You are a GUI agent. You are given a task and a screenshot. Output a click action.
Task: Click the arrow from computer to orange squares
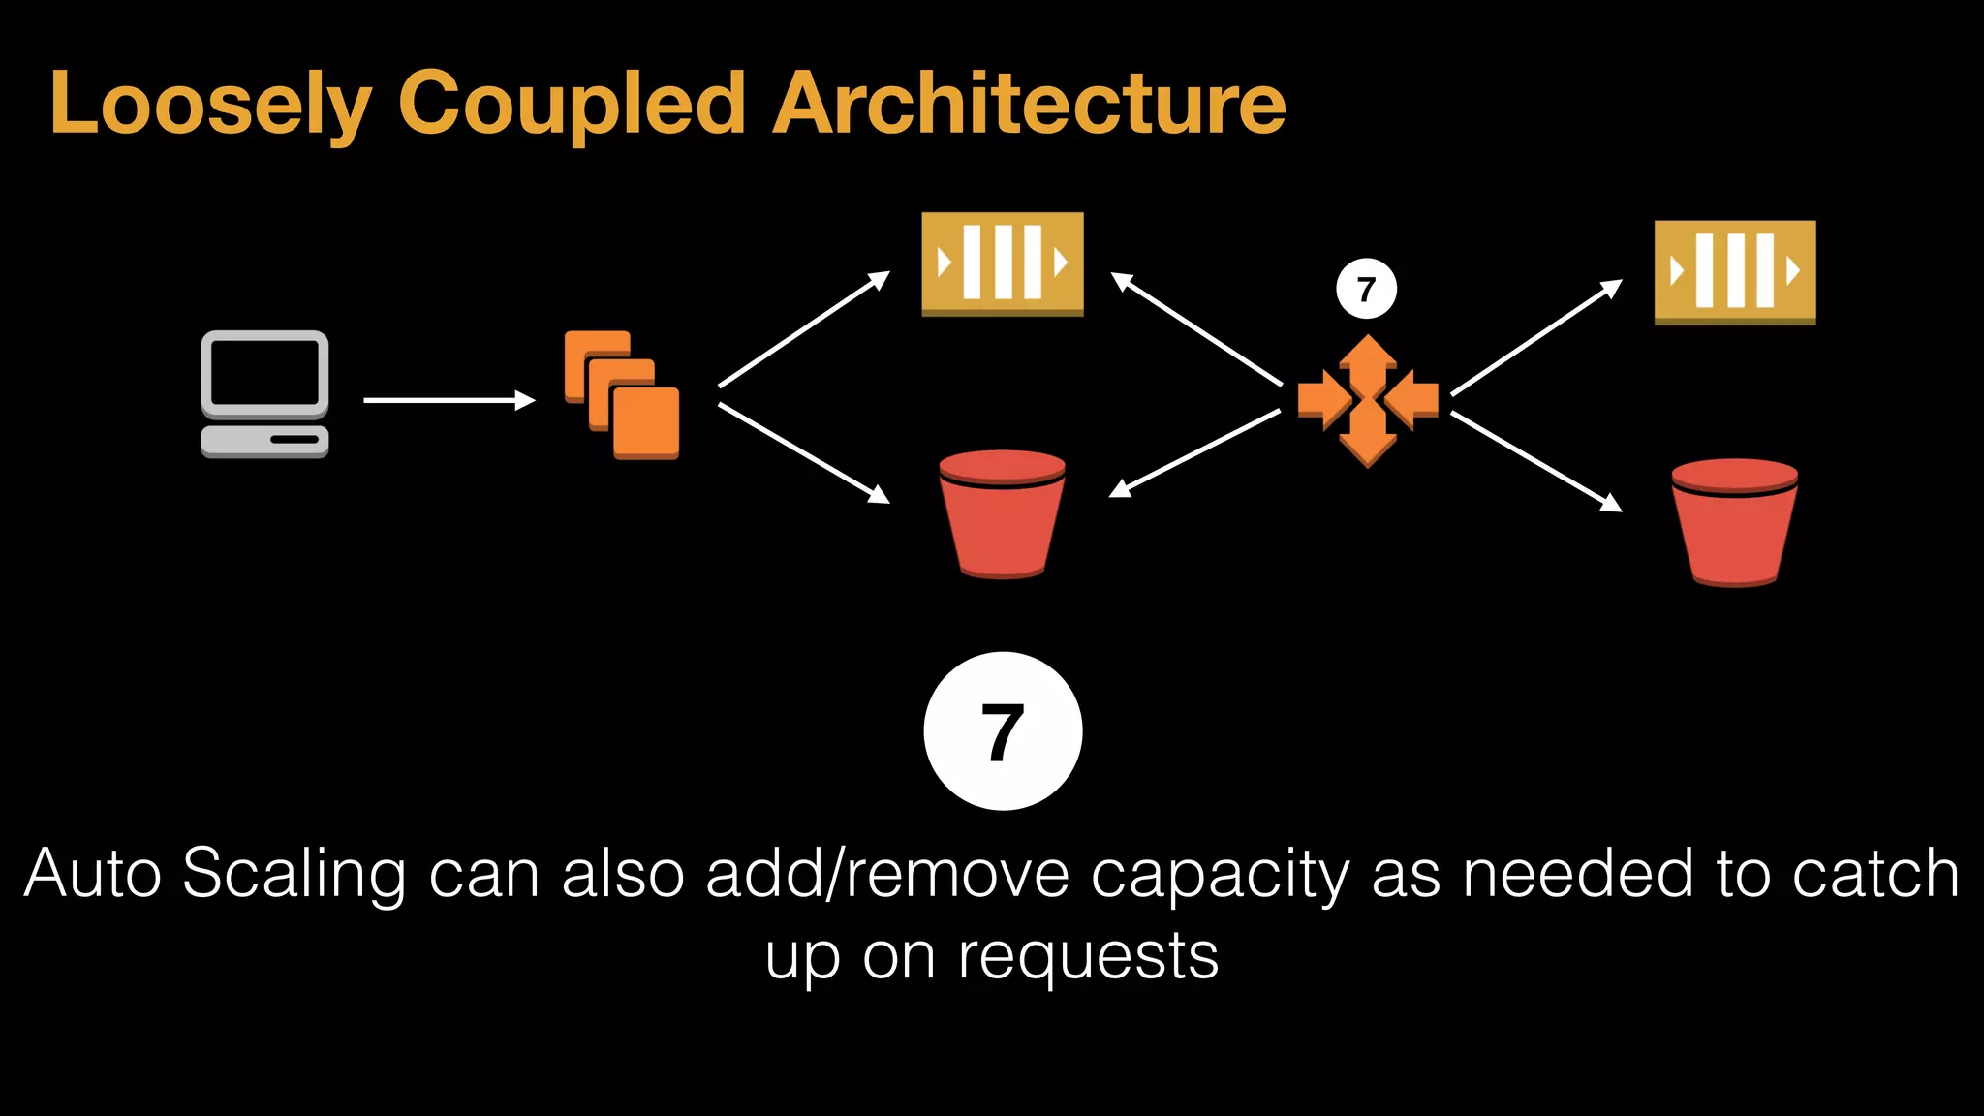[449, 400]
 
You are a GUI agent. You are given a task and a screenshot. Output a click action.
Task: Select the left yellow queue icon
[1002, 263]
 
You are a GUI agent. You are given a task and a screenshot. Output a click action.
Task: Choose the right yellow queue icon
[1734, 272]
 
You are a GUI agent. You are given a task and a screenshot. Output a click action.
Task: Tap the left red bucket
[1002, 513]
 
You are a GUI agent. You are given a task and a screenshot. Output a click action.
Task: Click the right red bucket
[1734, 522]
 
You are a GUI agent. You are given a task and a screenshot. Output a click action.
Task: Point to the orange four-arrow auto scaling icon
[1367, 401]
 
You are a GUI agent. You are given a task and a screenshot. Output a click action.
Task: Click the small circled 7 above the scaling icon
[1366, 289]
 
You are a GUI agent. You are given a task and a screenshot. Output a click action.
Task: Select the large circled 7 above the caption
[1003, 731]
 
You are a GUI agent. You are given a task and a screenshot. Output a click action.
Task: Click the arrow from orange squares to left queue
[803, 329]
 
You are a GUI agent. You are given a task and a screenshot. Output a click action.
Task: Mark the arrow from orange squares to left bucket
[803, 452]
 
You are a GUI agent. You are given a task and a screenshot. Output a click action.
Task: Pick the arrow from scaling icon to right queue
[1535, 337]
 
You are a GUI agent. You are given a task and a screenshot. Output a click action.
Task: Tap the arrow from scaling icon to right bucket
[1535, 461]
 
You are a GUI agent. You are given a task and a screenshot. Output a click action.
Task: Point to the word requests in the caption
[1088, 957]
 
